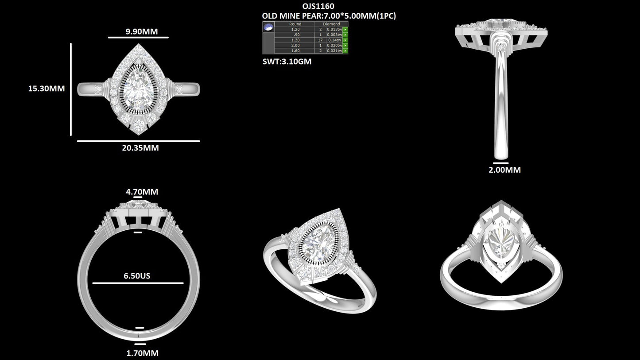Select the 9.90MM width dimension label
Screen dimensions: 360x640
[x=138, y=31]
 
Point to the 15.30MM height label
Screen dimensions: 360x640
[x=47, y=89]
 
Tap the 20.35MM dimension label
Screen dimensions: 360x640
[x=140, y=148]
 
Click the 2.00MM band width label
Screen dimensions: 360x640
[x=504, y=170]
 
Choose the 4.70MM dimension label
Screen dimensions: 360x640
[x=142, y=192]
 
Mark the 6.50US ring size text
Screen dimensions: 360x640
[x=137, y=276]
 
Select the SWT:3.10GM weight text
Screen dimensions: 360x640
[x=287, y=62]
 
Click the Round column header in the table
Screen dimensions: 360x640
[x=295, y=24]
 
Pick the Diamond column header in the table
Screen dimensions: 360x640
[x=331, y=24]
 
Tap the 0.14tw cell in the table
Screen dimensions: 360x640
[x=334, y=40]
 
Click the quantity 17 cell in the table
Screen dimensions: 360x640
[x=320, y=40]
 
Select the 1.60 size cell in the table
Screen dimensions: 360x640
[x=295, y=50]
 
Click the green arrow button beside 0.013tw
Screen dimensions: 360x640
[x=345, y=29]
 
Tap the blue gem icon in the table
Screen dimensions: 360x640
[x=268, y=27]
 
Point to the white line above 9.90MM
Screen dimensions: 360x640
[x=138, y=38]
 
